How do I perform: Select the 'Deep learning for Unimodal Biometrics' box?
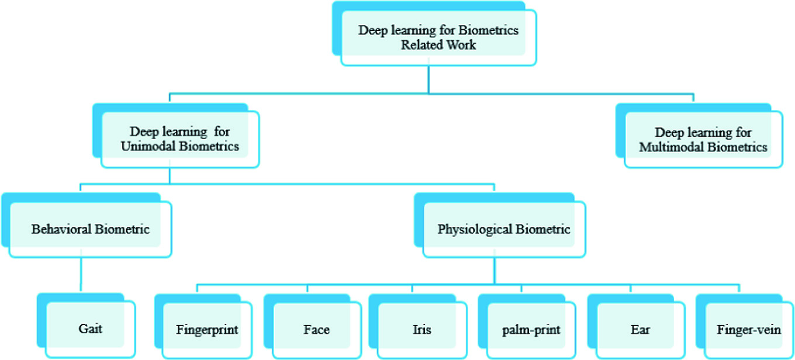(179, 139)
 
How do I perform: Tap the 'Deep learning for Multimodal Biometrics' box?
(703, 139)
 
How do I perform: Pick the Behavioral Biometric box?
(90, 229)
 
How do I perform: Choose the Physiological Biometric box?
(503, 229)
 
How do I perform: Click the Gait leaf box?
(90, 328)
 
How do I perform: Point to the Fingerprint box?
(207, 330)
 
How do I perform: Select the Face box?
(316, 330)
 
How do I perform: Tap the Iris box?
(421, 330)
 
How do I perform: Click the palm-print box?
(531, 330)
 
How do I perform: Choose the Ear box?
(640, 330)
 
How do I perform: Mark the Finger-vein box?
(748, 330)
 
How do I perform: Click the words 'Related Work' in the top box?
(438, 44)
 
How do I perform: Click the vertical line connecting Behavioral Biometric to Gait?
(80, 275)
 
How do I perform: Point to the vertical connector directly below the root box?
(429, 79)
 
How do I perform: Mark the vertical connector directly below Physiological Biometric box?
(495, 272)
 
